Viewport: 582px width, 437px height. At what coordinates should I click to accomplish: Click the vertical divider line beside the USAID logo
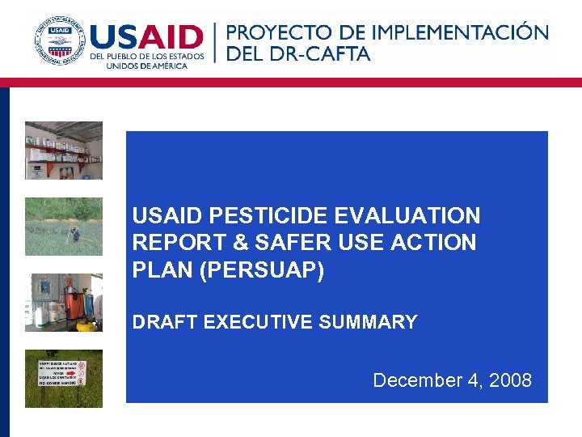215,42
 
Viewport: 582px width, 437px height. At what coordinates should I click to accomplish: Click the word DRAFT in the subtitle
164,322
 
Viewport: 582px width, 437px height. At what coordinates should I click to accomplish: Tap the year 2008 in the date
508,380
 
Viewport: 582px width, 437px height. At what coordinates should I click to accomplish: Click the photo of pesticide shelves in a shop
64,151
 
